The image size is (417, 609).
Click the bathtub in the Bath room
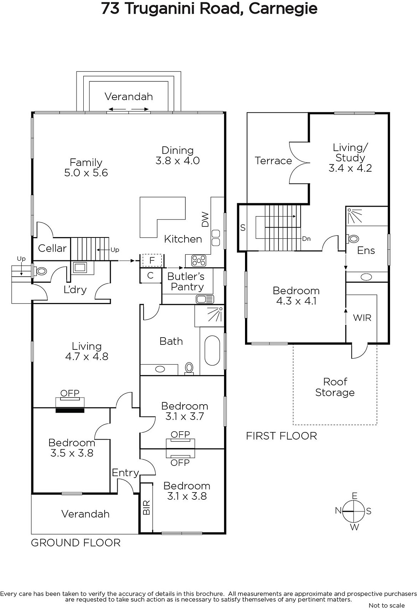click(x=212, y=351)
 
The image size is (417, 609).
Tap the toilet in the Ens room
click(x=352, y=239)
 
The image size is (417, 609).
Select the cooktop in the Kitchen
click(x=199, y=261)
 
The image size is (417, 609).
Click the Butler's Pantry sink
click(x=205, y=299)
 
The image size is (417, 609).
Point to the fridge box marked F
click(x=152, y=261)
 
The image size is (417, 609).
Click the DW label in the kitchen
click(x=205, y=219)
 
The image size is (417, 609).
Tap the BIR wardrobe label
click(x=146, y=507)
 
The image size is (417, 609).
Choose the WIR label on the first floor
click(x=362, y=317)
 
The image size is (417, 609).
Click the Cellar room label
click(x=52, y=248)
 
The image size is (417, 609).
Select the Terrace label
click(x=273, y=161)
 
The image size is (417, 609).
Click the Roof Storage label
click(x=335, y=387)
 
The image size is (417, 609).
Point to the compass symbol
click(x=353, y=512)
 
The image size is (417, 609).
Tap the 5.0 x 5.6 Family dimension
click(x=86, y=173)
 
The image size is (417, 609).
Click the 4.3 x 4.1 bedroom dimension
click(x=296, y=301)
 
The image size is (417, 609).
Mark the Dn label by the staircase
click(x=306, y=239)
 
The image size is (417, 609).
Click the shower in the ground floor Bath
click(x=209, y=316)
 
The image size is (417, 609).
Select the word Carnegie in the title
click(x=283, y=8)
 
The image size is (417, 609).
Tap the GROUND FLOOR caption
click(x=76, y=543)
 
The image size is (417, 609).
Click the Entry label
click(x=125, y=473)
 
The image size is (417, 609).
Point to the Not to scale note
click(x=387, y=605)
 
